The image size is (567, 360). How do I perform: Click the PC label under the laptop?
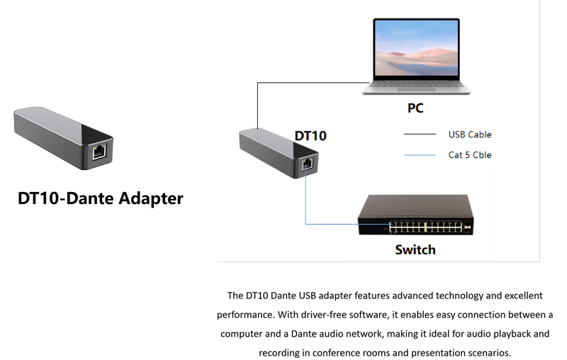(x=415, y=108)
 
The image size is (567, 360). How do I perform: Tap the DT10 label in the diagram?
(x=310, y=135)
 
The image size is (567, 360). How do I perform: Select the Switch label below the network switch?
(x=415, y=249)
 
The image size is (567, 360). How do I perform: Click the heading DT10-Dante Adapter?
(x=101, y=198)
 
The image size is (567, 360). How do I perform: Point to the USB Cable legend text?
(x=469, y=135)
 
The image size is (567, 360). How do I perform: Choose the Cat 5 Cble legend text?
(x=469, y=154)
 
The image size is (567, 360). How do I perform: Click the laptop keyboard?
(x=415, y=84)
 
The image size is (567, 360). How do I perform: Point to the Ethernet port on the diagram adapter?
(x=307, y=163)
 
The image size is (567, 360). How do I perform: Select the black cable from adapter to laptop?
(x=257, y=106)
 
